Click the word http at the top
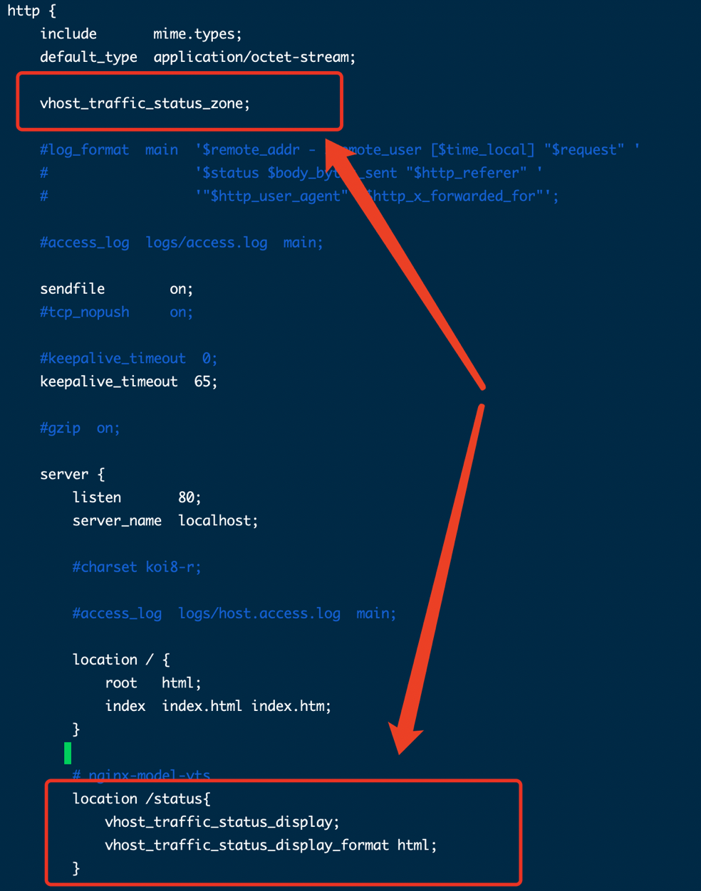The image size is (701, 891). (24, 11)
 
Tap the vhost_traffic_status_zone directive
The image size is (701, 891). (144, 104)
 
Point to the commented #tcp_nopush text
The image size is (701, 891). (85, 312)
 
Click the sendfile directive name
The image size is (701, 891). (72, 289)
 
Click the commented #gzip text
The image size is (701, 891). (61, 428)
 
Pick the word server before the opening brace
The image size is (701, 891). (64, 475)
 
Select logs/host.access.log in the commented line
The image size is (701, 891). (259, 613)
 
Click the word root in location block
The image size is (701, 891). (121, 683)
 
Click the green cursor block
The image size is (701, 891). (68, 752)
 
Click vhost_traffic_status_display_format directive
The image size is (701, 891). (246, 845)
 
